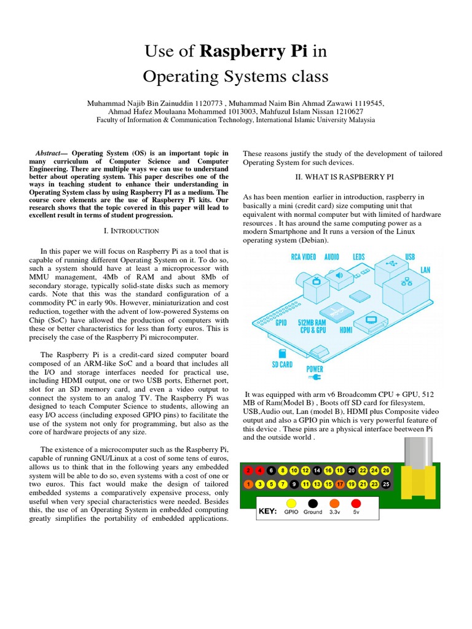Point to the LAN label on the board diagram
coord(425,269)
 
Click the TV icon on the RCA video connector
coord(317,282)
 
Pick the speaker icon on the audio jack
coord(339,276)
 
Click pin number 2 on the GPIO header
coord(248,471)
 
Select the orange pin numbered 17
coord(340,484)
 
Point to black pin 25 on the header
coord(386,484)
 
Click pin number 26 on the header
coord(386,471)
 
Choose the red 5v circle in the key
coord(355,503)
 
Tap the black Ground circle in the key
coord(313,503)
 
